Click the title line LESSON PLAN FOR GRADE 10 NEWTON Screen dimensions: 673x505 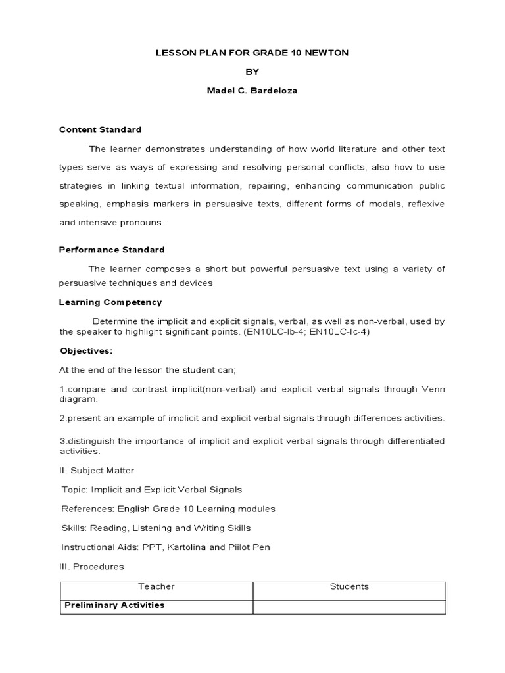(252, 53)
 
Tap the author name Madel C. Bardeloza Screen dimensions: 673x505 (252, 91)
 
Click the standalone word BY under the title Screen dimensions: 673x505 (252, 72)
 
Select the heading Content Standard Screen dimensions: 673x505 (100, 129)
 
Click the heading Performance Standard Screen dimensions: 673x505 (112, 250)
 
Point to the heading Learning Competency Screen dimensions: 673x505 (110, 302)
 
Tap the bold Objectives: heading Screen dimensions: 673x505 (86, 350)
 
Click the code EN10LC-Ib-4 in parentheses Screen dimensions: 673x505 (271, 331)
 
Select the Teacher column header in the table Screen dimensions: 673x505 (156, 586)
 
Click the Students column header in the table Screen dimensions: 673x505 (349, 586)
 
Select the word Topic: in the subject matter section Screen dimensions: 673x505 (74, 490)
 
